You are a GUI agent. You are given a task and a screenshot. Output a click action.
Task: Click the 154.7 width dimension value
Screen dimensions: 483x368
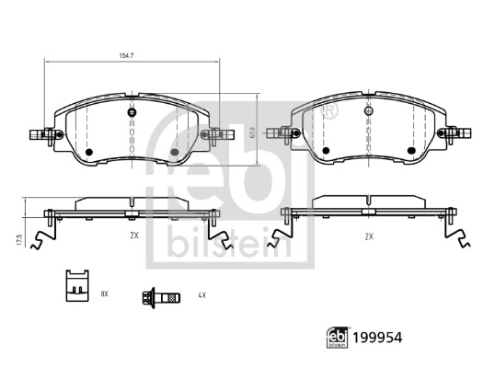point(126,56)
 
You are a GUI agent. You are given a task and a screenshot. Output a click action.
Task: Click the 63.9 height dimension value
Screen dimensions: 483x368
point(253,132)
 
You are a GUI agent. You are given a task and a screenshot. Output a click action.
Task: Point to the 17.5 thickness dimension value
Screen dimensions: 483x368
point(20,240)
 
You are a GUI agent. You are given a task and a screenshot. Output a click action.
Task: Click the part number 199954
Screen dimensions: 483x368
point(377,338)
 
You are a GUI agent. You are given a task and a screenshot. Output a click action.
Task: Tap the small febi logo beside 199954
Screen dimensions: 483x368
point(338,338)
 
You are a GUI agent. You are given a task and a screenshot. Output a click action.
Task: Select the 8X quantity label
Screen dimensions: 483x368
point(105,293)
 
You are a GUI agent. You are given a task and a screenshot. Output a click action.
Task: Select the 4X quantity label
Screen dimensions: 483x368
point(201,295)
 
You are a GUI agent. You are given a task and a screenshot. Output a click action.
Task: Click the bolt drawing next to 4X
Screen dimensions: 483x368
point(161,297)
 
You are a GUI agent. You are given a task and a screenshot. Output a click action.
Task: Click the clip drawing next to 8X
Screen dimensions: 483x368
point(77,285)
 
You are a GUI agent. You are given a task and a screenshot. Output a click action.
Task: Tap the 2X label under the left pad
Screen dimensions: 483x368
point(134,236)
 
